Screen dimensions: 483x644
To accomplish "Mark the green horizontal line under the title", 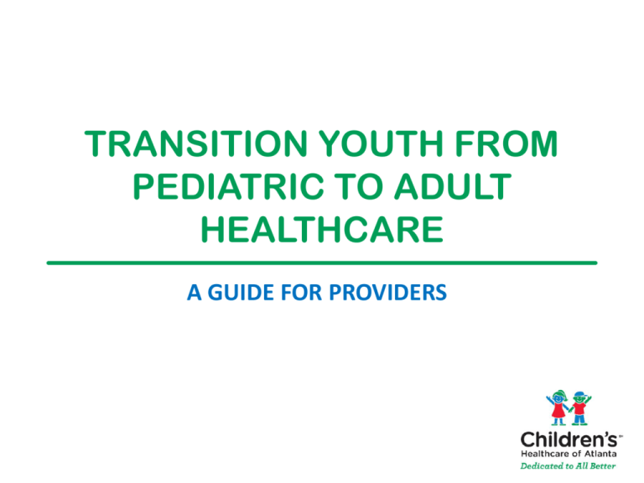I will pyautogui.click(x=322, y=262).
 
